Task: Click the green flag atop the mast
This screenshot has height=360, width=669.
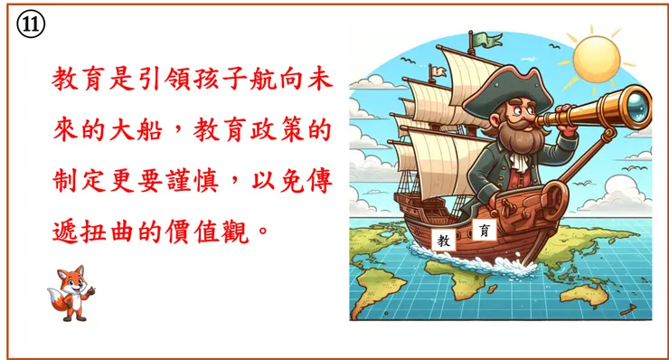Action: coord(489,40)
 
